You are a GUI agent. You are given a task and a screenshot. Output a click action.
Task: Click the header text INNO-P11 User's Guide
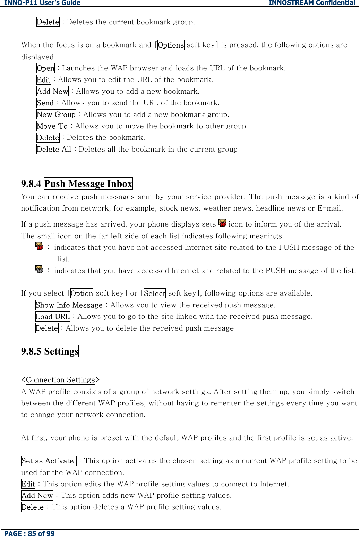pos(42,3)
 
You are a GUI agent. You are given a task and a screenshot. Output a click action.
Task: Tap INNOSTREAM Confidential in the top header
pos(311,3)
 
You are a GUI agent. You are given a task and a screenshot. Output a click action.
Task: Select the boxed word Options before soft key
pos(171,45)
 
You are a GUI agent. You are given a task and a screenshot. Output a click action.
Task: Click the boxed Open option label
pos(45,68)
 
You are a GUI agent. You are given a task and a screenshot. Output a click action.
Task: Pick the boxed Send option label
pos(45,103)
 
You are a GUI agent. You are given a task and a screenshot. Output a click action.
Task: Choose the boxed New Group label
pos(56,114)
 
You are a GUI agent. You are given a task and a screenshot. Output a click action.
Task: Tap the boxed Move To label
pos(52,126)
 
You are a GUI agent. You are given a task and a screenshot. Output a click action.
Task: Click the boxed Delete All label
pos(54,149)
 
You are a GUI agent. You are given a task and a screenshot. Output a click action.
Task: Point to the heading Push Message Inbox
pos(88,183)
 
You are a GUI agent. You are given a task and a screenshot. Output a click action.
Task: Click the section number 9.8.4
pos(31,183)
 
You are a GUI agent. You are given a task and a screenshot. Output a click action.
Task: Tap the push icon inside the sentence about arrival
pos(222,223)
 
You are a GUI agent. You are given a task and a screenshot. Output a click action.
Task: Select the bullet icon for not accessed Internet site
pos(40,247)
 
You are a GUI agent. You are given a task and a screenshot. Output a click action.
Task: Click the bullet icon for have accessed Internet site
pos(40,270)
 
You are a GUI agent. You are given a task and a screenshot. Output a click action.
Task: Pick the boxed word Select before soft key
pos(154,293)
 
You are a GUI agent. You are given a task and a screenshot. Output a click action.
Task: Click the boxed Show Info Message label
pos(69,305)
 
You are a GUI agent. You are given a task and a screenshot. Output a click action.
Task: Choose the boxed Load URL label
pos(53,316)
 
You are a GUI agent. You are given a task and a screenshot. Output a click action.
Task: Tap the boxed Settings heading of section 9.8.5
pos(61,351)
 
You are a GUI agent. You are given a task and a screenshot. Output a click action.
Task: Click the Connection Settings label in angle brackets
pos(60,380)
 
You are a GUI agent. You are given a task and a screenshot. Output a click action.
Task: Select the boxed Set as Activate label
pos(48,461)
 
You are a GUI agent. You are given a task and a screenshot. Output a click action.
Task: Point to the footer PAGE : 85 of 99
pos(29,533)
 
